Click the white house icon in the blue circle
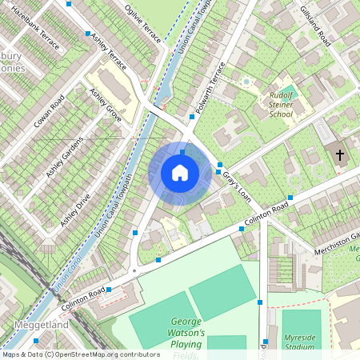click(x=180, y=173)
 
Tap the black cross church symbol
click(x=340, y=154)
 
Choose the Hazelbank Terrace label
click(x=35, y=32)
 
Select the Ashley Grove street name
click(x=106, y=106)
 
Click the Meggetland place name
click(x=42, y=326)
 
